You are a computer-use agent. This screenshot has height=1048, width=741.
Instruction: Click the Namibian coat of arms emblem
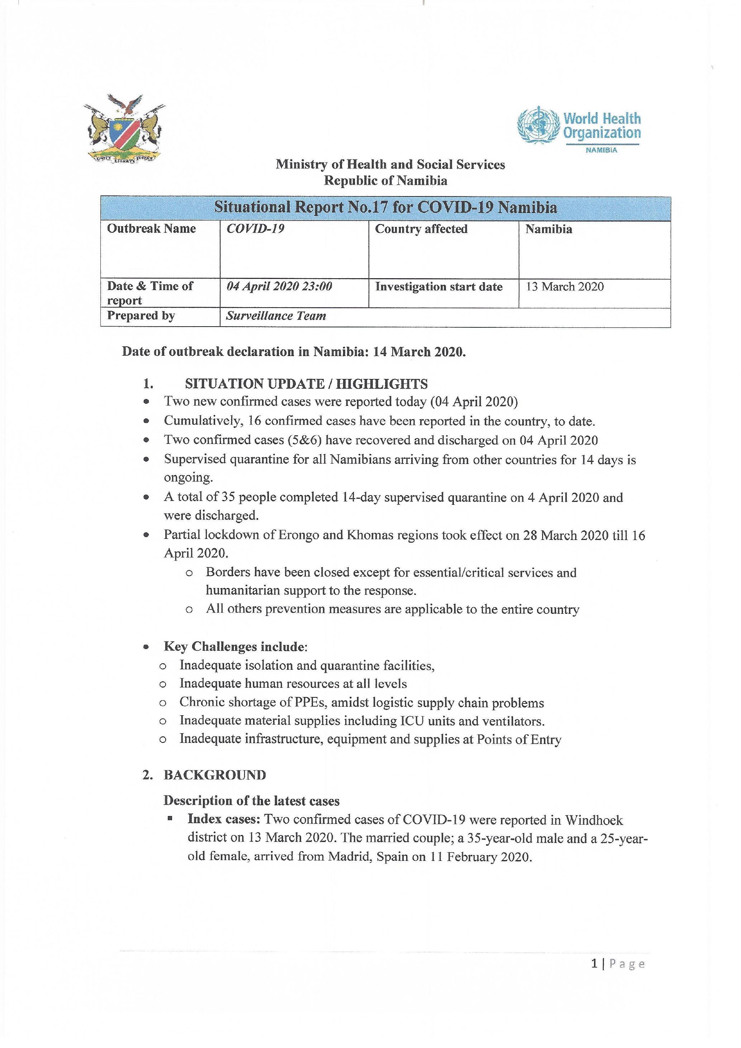pos(124,128)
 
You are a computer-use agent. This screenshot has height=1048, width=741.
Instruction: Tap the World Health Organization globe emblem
pos(538,125)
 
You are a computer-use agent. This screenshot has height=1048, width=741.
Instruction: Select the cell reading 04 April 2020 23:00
pos(279,286)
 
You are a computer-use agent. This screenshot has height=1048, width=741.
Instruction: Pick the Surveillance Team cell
pos(276,316)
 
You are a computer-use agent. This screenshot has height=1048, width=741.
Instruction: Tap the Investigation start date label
pos(438,286)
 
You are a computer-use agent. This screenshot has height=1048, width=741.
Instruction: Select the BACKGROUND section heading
pos(214,775)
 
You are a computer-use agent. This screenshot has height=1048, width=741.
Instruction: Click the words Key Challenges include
pos(236,647)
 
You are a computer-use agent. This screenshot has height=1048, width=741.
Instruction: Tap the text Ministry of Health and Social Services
pos(390,164)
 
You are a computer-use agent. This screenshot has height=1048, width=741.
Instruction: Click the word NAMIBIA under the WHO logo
pos(602,150)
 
